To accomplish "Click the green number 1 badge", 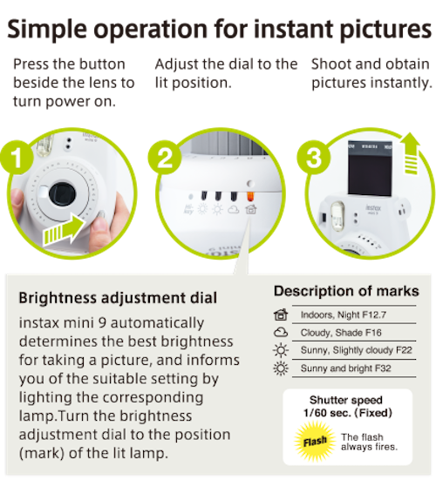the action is (x=17, y=158).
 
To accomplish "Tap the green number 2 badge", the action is (x=165, y=158).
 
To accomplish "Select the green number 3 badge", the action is (x=313, y=158).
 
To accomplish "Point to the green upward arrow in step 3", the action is (x=412, y=153).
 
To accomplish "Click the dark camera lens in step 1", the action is (x=62, y=194).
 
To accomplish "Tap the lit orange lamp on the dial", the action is (x=250, y=196).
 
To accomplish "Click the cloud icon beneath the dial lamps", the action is (x=234, y=210).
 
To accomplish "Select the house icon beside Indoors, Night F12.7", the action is (x=281, y=314).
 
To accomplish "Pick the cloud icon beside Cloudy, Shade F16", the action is (x=281, y=332).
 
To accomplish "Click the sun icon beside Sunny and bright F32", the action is (x=281, y=368).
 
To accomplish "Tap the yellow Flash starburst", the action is (x=315, y=441).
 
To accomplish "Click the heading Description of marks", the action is (x=346, y=291).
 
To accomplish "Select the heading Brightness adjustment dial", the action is (x=118, y=298).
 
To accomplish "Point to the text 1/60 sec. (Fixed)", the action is (x=348, y=413).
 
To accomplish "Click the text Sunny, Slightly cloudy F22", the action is (x=357, y=350).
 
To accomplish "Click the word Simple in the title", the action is (x=47, y=30).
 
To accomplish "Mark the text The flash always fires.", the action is (x=369, y=442).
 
